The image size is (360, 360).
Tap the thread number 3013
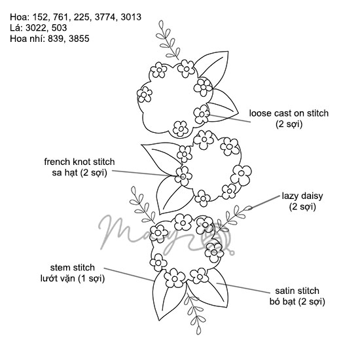(131, 18)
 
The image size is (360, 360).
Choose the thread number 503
(59, 28)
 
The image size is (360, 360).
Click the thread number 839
(56, 39)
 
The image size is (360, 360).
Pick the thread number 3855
(79, 39)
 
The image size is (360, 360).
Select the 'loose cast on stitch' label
(289, 113)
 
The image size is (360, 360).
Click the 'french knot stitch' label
(79, 162)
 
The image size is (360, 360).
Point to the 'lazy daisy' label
(302, 196)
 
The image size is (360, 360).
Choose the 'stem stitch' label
(72, 268)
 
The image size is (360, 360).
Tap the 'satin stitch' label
(297, 291)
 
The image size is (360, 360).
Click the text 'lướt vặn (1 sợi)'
(73, 278)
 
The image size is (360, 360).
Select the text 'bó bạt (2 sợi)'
(297, 302)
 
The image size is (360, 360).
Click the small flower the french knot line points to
(183, 176)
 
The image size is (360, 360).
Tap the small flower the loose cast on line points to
(202, 114)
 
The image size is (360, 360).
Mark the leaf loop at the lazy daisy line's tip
(247, 208)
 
